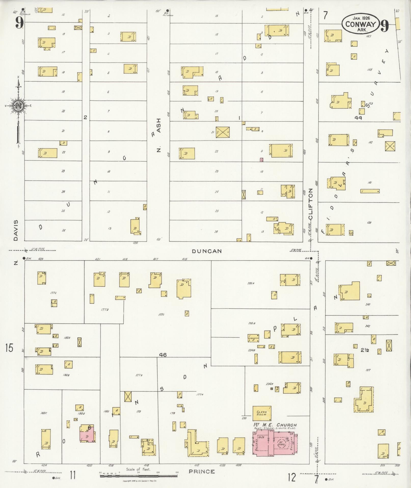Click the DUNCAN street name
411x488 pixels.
point(207,251)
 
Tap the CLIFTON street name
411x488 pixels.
point(310,204)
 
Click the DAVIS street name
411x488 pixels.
point(16,231)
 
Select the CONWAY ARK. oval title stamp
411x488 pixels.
point(361,23)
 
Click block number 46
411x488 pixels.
point(163,355)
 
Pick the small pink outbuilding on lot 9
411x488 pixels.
point(261,160)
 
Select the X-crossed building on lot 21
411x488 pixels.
point(222,132)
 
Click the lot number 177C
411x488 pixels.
point(161,315)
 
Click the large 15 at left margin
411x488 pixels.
point(9,348)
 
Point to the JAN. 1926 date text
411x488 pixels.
point(361,18)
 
